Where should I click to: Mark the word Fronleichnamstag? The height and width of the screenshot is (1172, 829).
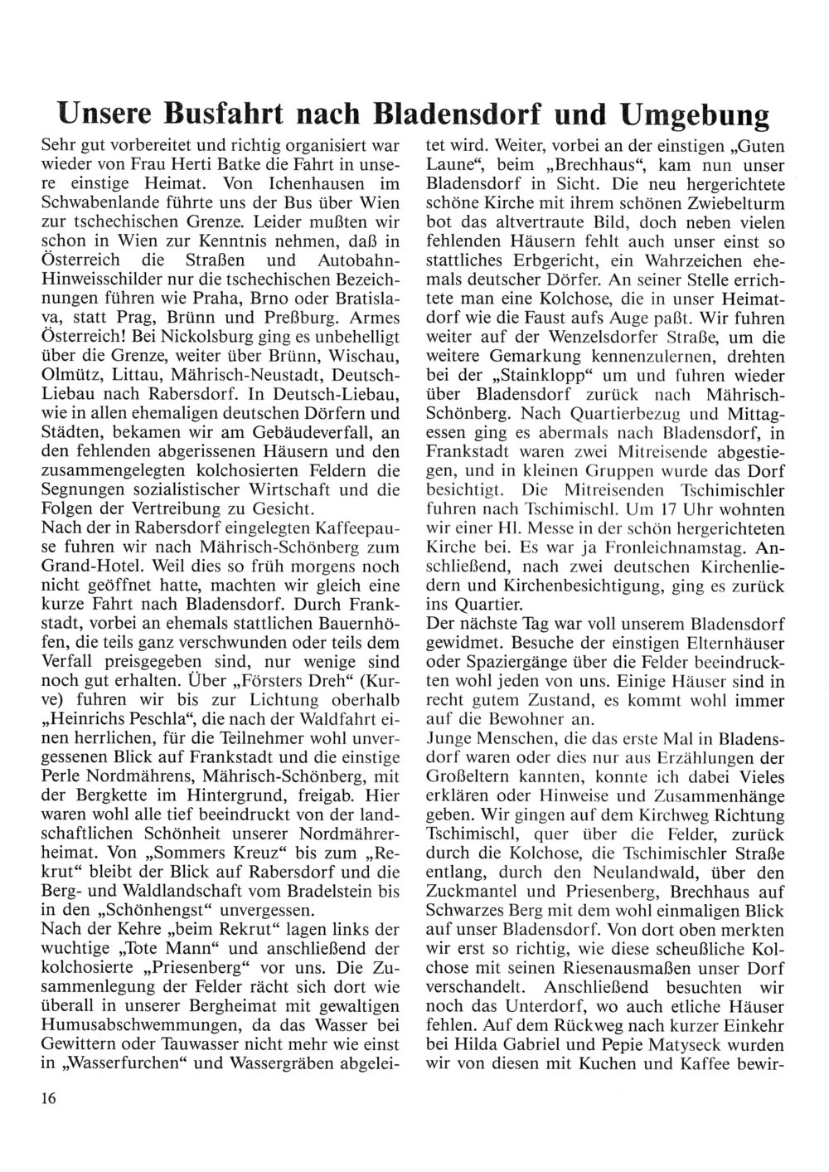[x=627, y=548]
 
